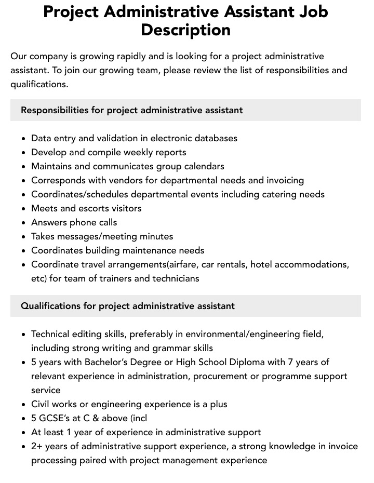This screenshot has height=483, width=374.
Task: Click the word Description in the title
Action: click(185, 30)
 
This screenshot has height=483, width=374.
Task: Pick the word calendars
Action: click(202, 166)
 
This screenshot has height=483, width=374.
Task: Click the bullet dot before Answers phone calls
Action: click(23, 223)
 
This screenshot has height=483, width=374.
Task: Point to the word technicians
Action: click(176, 278)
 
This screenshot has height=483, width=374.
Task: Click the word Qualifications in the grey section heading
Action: click(51, 306)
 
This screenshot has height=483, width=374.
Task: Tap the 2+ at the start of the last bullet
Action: click(37, 446)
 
